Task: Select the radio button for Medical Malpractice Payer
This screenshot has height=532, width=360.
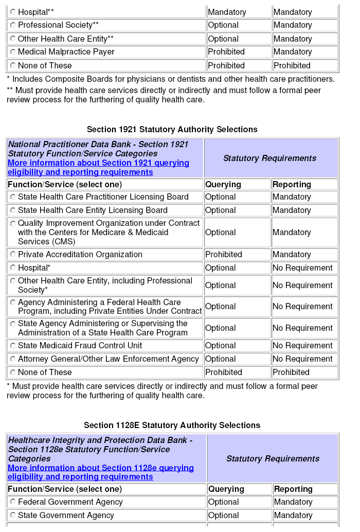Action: (x=13, y=52)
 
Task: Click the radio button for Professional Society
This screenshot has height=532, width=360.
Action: (x=13, y=25)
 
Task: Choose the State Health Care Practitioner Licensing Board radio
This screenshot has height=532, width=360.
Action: (x=13, y=197)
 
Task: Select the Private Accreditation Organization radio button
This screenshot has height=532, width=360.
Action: (x=13, y=255)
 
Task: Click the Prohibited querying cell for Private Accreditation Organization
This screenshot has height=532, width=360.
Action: (x=224, y=255)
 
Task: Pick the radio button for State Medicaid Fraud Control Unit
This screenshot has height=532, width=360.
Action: (x=13, y=346)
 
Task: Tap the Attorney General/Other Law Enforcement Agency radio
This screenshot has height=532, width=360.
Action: (x=13, y=359)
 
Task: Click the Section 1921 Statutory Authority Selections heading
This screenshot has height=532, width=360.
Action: (x=172, y=130)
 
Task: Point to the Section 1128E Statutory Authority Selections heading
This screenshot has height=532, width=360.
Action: (x=172, y=425)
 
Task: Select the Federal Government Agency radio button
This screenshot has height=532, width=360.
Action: (x=13, y=502)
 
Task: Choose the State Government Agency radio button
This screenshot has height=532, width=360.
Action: (x=13, y=516)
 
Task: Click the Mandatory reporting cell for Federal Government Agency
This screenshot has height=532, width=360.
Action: (x=293, y=502)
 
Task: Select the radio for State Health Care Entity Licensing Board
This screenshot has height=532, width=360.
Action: (x=13, y=210)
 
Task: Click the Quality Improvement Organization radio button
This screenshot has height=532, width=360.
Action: (x=13, y=223)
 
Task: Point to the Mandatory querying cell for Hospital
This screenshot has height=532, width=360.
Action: (x=227, y=12)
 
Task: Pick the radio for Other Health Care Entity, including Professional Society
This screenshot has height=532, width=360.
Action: (x=13, y=281)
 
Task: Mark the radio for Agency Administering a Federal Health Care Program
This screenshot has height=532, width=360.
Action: (x=13, y=303)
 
